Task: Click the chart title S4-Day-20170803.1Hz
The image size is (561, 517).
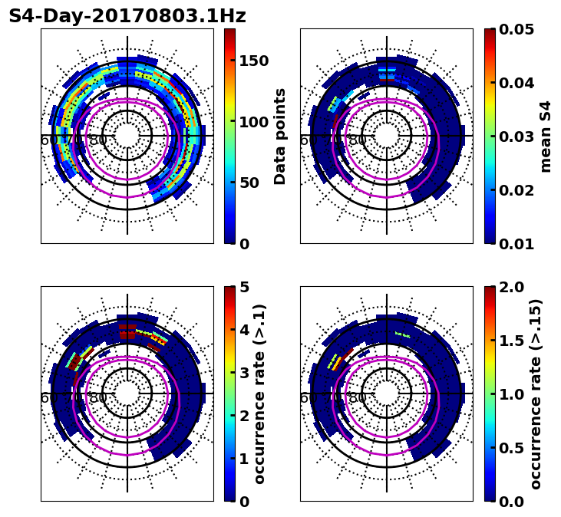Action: point(127,16)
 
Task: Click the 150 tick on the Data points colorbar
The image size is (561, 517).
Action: point(253,61)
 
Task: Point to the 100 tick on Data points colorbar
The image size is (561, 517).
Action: point(253,122)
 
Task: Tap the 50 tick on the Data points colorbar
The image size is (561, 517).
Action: point(249,183)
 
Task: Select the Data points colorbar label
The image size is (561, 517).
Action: point(280,136)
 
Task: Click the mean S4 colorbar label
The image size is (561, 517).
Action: point(546,136)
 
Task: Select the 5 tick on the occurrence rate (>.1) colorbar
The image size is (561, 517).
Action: point(244,287)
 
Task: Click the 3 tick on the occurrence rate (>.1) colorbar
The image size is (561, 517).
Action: point(244,373)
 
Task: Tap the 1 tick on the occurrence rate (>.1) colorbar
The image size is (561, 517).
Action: point(244,459)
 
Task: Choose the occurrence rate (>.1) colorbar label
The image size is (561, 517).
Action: point(260,394)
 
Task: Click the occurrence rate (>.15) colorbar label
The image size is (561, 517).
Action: point(536,394)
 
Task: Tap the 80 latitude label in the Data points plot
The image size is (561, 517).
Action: point(98,140)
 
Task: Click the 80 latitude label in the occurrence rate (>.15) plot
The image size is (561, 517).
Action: point(358,398)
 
